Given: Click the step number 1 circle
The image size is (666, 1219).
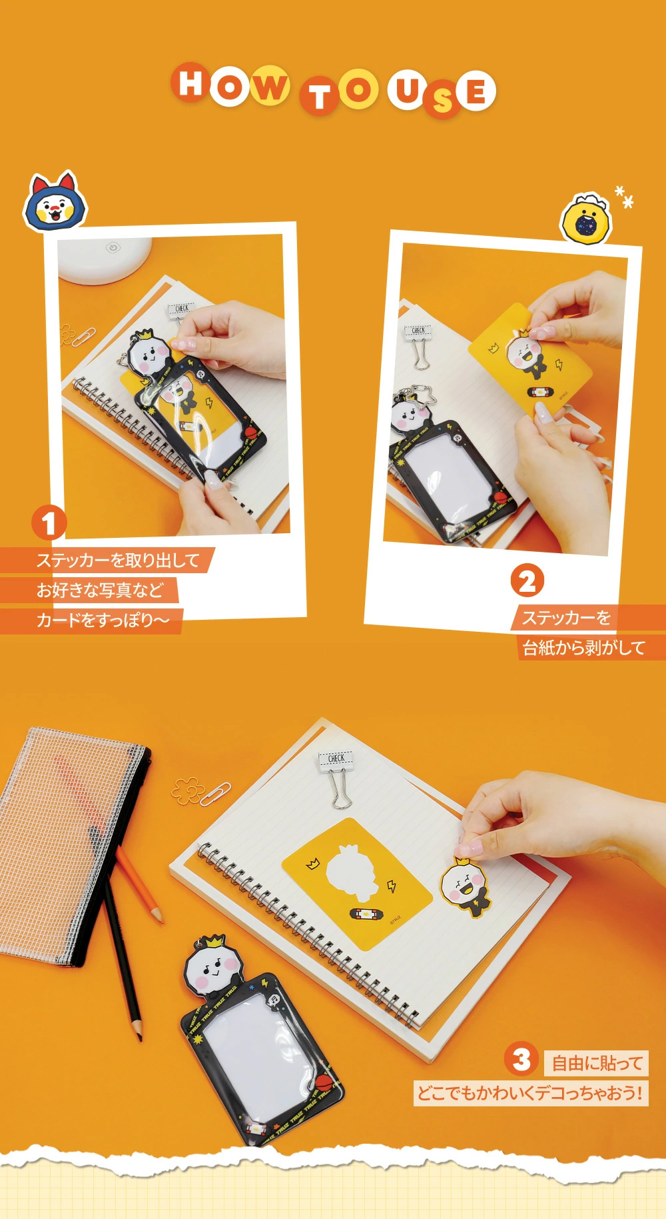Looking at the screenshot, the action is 49,523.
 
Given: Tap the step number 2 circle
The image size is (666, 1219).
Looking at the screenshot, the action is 527,581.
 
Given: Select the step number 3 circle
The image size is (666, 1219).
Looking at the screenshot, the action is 521,1059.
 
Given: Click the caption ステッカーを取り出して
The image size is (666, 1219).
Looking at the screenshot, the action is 118,561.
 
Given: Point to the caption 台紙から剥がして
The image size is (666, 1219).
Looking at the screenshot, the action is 584,647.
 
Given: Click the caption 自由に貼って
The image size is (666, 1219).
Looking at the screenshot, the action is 597,1063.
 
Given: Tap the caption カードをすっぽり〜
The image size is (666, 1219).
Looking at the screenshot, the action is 103,620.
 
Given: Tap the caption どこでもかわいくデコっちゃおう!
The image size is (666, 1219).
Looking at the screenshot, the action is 530,1094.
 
